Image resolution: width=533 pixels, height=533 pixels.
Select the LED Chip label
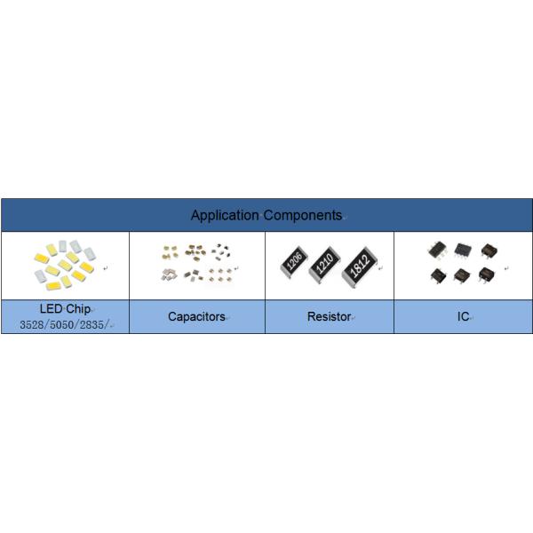coord(66,308)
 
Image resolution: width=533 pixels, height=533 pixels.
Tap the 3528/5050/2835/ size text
coord(66,324)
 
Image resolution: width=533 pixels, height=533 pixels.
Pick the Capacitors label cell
coord(196,316)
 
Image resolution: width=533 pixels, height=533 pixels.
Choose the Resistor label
coord(329,316)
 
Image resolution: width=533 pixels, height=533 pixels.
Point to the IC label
coord(463,316)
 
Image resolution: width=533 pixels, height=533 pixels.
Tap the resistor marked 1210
coord(325,263)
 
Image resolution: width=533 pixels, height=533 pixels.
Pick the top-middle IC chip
coord(462,250)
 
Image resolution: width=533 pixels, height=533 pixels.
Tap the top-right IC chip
coord(488,250)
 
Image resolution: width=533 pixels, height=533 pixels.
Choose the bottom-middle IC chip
coord(462,274)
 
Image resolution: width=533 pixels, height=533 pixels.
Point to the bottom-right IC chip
coord(488,274)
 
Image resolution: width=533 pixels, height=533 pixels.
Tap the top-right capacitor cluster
coord(219,252)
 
